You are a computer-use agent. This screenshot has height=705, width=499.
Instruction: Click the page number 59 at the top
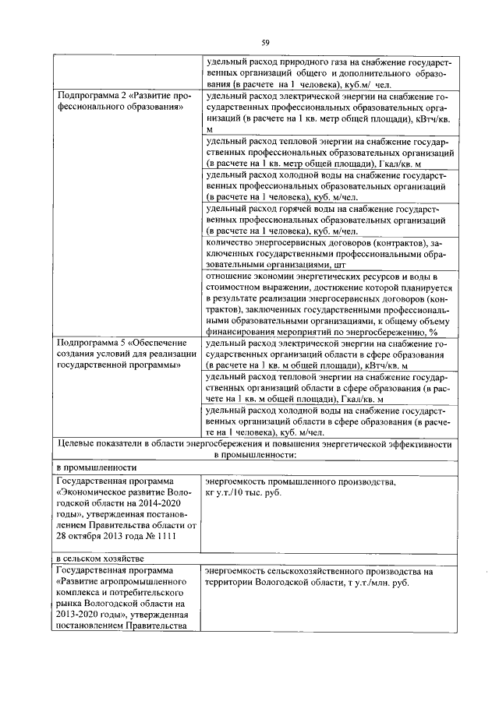click(265, 42)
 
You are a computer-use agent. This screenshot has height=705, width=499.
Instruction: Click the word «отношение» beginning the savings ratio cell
click(230, 276)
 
